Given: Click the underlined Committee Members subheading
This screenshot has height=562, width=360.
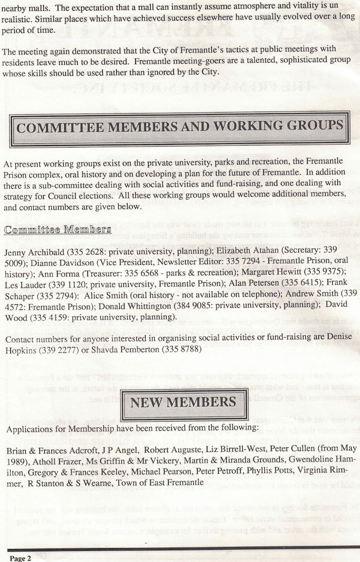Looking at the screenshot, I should (x=57, y=229).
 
